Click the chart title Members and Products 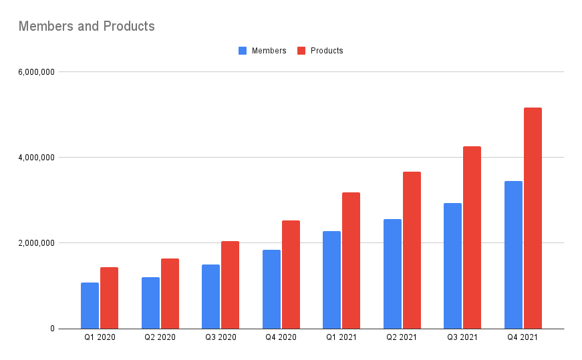click(86, 27)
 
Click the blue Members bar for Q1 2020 click(90, 305)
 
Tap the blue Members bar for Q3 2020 click(210, 297)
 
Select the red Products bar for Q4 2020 click(291, 275)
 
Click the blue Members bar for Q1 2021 click(331, 280)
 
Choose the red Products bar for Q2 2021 click(412, 250)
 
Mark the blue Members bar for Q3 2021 click(452, 266)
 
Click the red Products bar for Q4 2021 click(533, 218)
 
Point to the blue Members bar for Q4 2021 click(513, 254)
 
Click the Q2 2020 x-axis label click(160, 338)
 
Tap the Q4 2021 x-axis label click(523, 338)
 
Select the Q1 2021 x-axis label click(341, 338)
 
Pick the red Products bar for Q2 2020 click(170, 293)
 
